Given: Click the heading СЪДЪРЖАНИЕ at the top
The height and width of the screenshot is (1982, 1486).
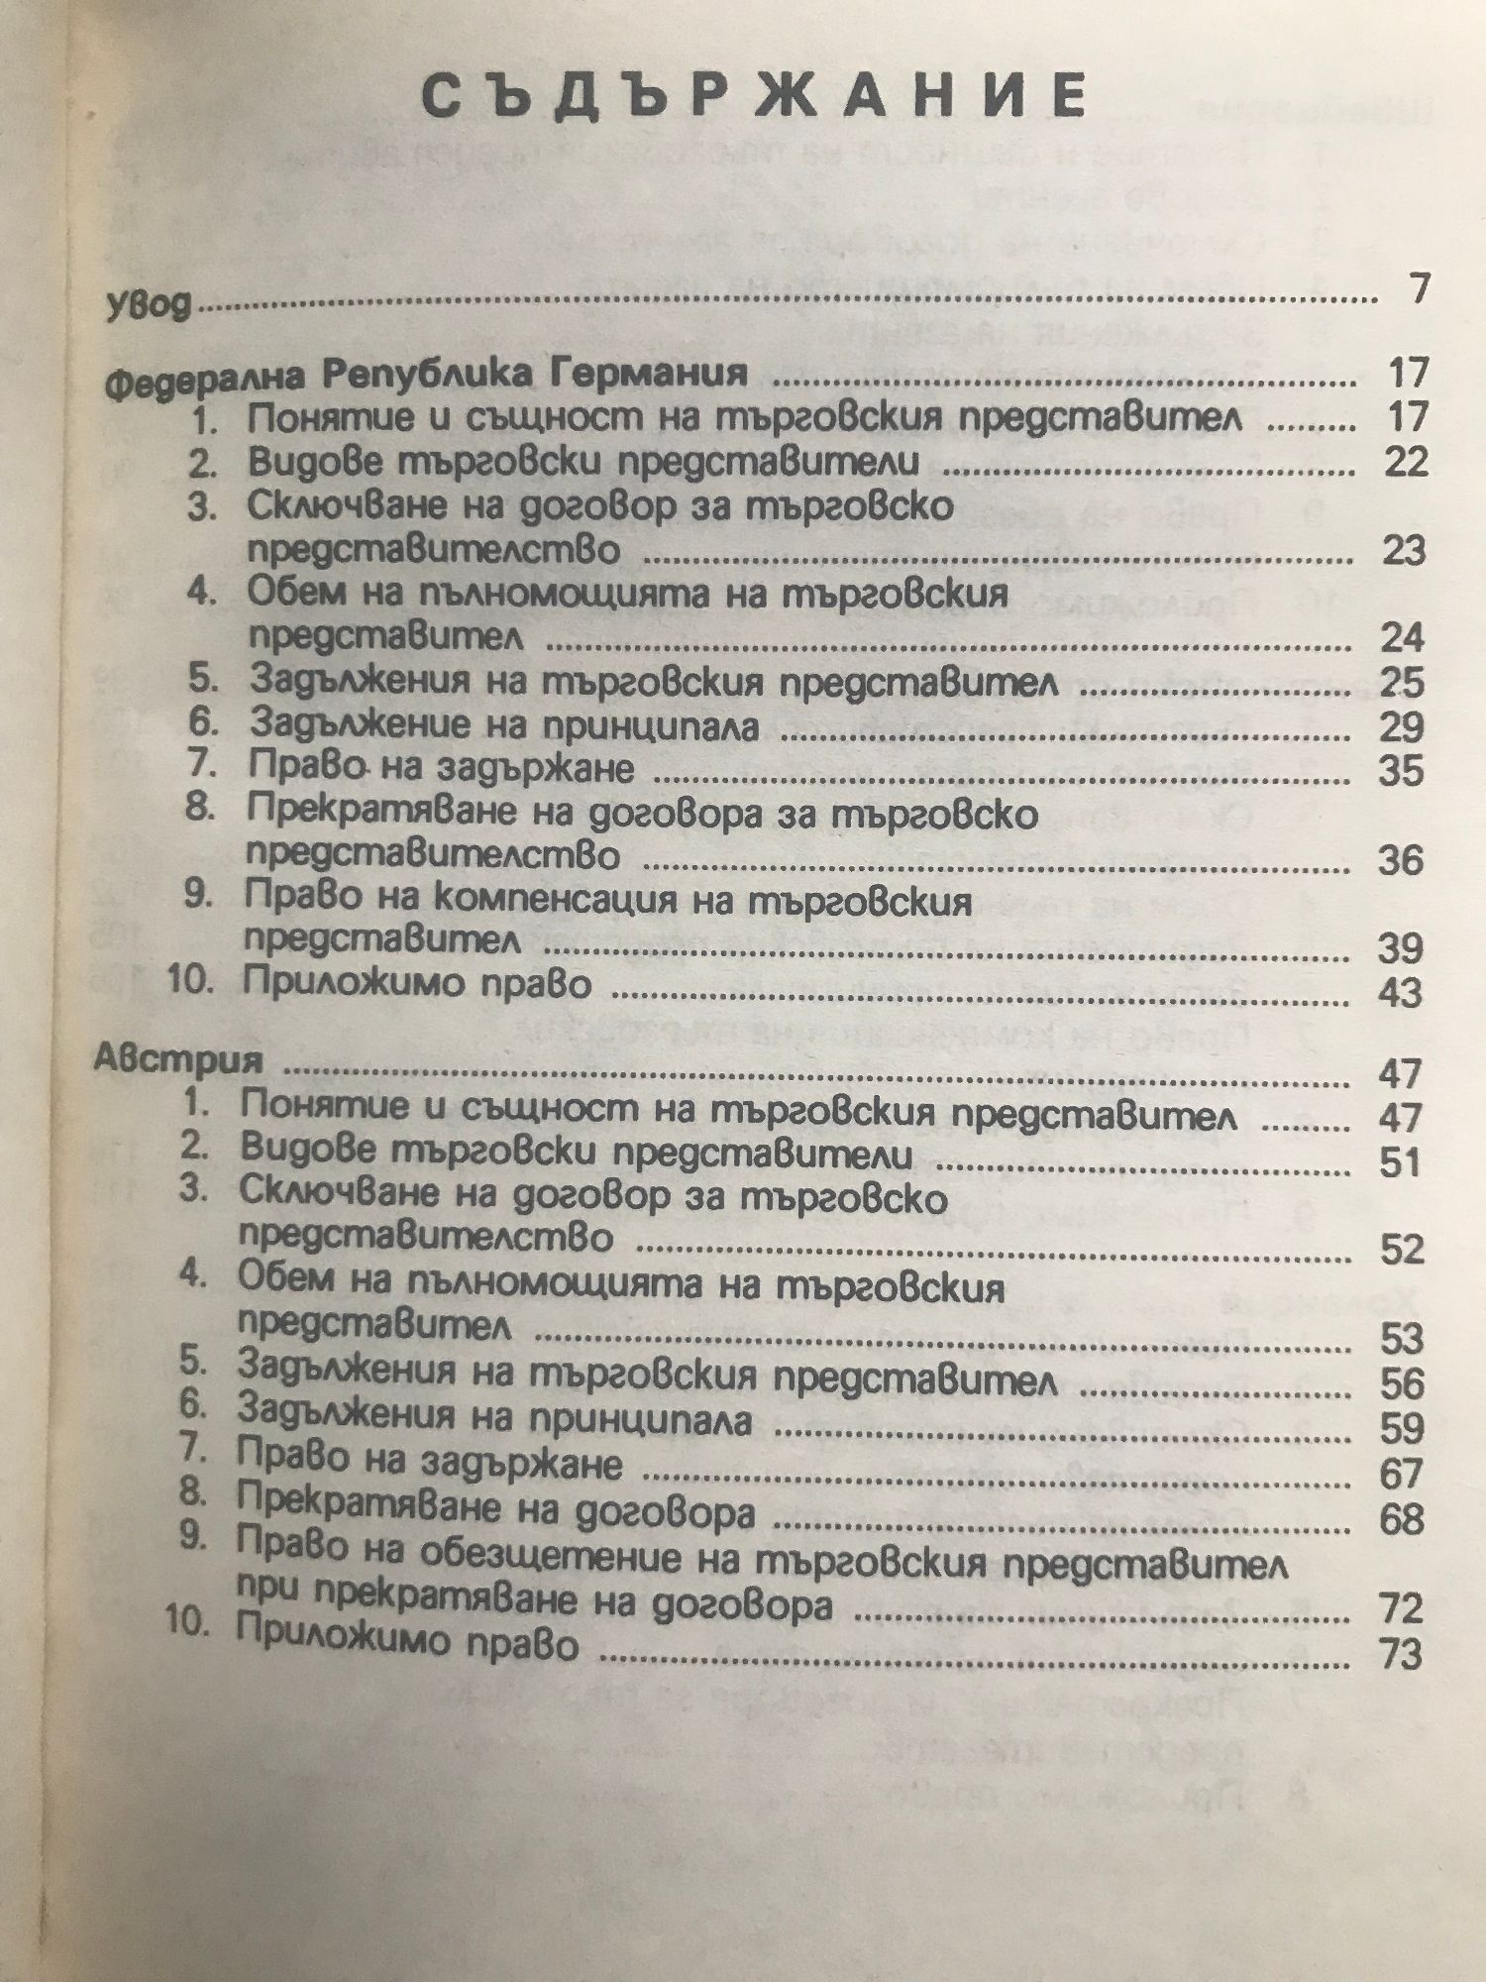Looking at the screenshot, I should (x=755, y=96).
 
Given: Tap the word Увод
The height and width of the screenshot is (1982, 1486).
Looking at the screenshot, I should (x=148, y=304).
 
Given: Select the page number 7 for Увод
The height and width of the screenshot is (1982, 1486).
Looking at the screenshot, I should (x=1420, y=288).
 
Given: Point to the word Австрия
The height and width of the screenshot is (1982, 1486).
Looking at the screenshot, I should (x=179, y=1059).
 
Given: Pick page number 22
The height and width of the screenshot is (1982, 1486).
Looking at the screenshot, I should (x=1406, y=462).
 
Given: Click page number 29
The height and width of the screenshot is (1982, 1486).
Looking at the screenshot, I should (x=1402, y=726).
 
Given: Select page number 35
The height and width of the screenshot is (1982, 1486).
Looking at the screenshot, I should (x=1401, y=770).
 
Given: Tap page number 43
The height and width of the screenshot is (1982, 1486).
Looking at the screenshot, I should (x=1400, y=992).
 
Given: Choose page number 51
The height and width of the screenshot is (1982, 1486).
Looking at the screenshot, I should (x=1400, y=1161).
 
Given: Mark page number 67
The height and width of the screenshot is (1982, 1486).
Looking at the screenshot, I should (x=1401, y=1474).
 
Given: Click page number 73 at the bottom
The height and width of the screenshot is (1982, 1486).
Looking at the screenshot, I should (x=1400, y=1654).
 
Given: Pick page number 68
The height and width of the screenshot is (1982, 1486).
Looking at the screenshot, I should (x=1401, y=1518).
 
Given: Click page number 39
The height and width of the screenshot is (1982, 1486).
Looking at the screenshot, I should (x=1400, y=948).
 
